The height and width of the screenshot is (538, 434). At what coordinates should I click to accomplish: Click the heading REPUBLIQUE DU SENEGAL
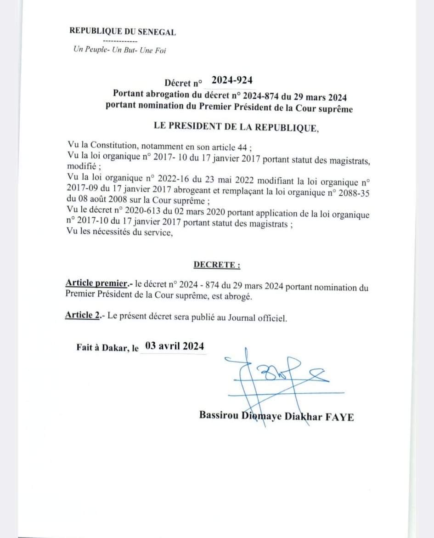122,32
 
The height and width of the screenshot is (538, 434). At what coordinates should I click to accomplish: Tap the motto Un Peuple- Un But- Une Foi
119,50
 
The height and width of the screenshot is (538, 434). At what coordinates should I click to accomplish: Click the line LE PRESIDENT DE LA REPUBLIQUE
236,127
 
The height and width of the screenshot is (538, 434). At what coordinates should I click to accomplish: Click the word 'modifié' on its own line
80,167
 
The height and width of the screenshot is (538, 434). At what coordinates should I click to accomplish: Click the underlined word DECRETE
216,265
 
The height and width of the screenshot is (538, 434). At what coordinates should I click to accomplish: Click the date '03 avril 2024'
174,346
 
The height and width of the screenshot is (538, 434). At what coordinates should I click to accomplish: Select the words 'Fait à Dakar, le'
107,348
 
